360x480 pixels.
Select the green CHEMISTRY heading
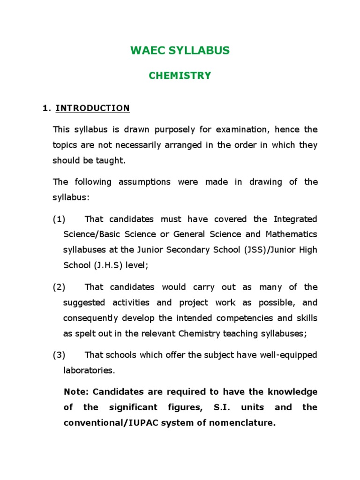click(180, 75)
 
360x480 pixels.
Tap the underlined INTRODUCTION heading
click(92, 108)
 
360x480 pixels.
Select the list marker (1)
click(59, 219)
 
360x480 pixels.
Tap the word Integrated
click(295, 219)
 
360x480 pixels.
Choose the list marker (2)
click(59, 287)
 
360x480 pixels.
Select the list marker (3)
click(59, 355)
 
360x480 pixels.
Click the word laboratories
click(89, 370)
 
